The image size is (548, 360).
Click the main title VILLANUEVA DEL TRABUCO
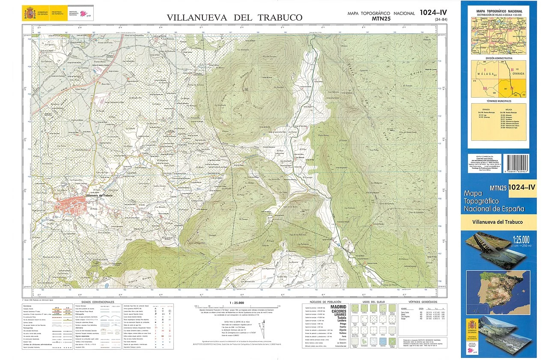[234, 18]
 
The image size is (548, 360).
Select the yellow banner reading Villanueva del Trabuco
[498, 222]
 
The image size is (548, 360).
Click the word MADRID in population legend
[338, 306]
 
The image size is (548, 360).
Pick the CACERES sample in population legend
[338, 311]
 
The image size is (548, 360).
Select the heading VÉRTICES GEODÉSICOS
[420, 302]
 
